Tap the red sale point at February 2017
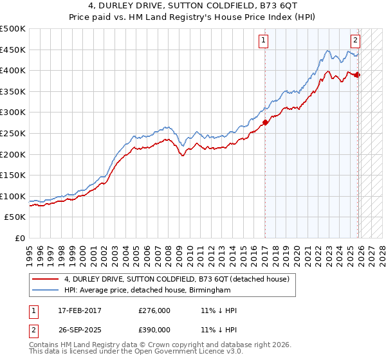265,122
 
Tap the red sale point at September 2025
358,75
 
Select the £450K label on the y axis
13,50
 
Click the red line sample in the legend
46,279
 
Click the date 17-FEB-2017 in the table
78,310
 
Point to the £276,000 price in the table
154,310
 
